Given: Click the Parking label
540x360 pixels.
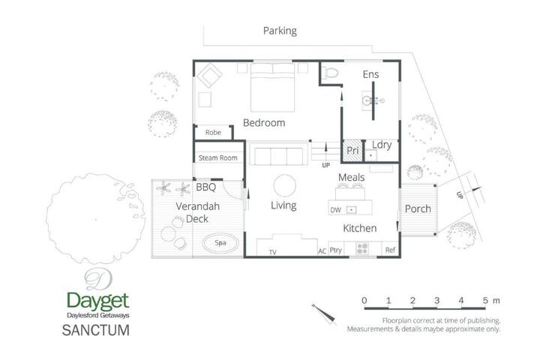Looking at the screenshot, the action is tap(280, 31).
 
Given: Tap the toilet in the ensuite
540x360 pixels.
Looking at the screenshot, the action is tap(330, 73).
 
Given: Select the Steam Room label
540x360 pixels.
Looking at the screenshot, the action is tap(218, 157).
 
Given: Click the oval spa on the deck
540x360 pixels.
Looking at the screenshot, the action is tap(220, 243).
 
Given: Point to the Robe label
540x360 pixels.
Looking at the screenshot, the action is tap(213, 132).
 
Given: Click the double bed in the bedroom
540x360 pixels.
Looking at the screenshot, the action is tap(272, 87).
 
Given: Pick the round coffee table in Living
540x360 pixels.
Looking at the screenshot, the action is tap(284, 185).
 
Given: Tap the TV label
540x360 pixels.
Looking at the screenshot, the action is tap(272, 252).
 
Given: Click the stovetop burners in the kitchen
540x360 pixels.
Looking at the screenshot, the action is tap(362, 248).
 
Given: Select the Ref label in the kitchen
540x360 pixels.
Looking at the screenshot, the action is tap(390, 250).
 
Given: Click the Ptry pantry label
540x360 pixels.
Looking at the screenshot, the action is tap(336, 250).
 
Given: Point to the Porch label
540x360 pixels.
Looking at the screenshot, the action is tap(418, 208).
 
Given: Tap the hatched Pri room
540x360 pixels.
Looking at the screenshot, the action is tap(352, 151).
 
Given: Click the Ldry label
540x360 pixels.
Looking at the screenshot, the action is tap(382, 145).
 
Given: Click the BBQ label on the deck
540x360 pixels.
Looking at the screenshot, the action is tap(206, 187).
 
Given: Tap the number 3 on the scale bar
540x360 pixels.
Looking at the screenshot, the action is tap(436, 301).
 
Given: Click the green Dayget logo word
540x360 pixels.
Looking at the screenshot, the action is tap(97, 301).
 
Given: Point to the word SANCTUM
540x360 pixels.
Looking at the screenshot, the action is tap(96, 330).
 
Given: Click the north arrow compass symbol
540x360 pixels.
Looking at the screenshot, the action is tap(324, 313).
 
